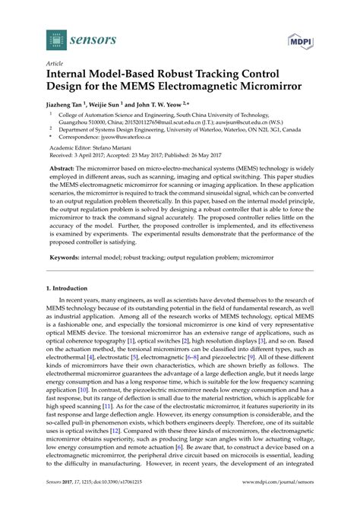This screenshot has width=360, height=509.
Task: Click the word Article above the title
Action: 56,65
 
